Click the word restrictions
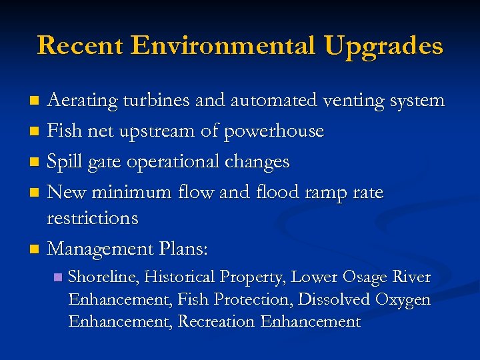pos(93,218)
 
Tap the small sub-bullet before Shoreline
pos(57,277)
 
